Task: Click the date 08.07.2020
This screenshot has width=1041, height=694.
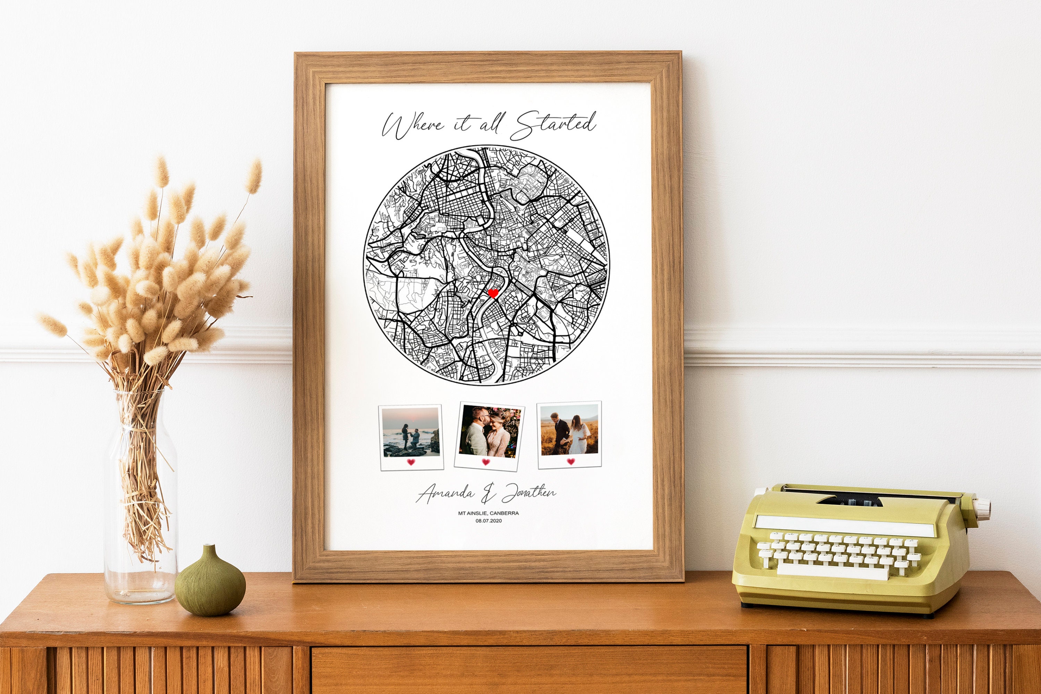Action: coord(489,521)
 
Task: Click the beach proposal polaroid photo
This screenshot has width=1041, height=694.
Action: coord(411,432)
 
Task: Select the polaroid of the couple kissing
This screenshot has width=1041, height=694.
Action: coord(490,432)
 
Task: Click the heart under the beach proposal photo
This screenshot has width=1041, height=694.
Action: coord(411,462)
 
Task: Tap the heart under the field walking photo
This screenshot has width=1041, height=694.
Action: coord(570,462)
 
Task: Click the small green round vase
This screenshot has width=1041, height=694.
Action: coord(210,585)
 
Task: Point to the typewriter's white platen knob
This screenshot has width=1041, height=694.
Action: coord(983,504)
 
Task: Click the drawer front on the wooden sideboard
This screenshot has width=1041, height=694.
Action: coord(529,670)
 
